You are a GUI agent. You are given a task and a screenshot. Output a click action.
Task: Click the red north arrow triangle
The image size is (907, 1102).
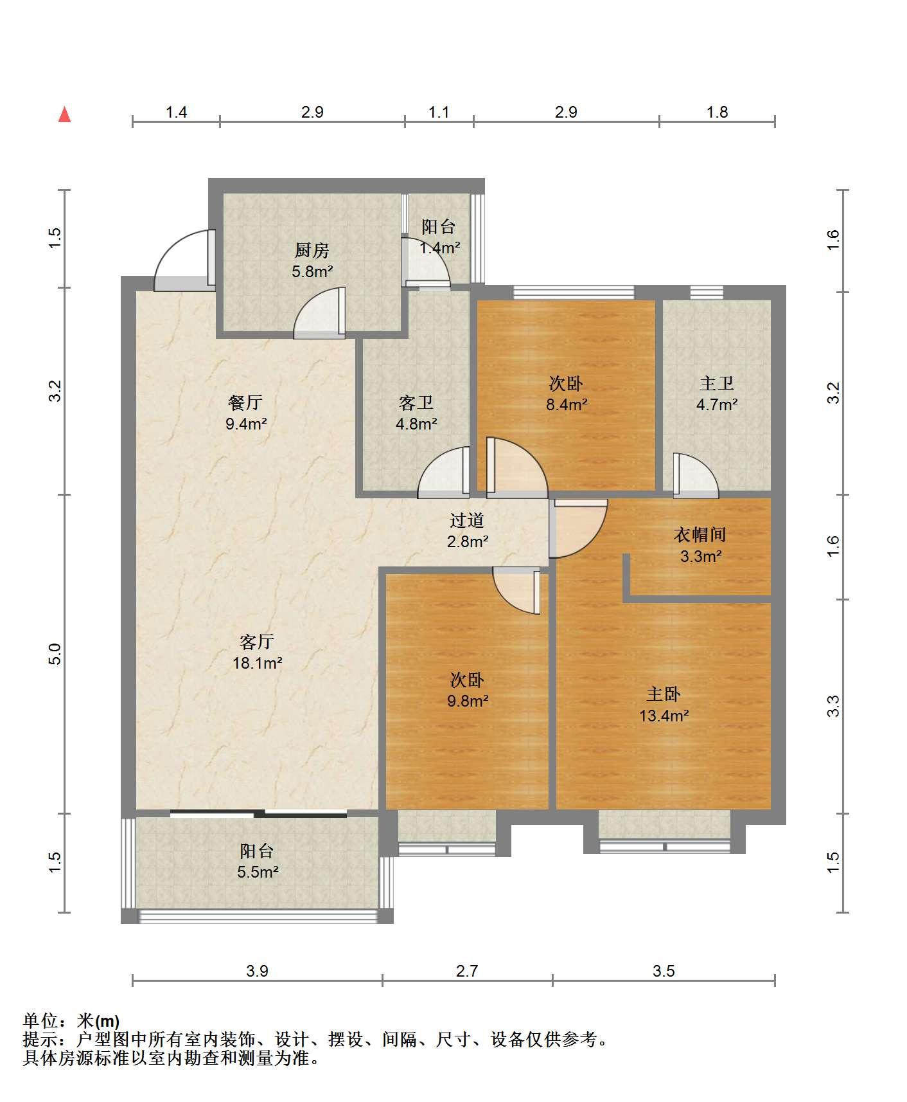tap(64, 114)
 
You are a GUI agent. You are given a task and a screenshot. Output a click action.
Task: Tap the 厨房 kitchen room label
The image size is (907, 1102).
tap(312, 250)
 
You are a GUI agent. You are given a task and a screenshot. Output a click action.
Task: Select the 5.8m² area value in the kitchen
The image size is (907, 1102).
tap(312, 271)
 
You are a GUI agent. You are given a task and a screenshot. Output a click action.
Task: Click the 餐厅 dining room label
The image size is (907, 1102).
tap(245, 402)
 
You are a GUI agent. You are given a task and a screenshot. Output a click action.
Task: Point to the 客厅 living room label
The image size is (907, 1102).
tap(257, 642)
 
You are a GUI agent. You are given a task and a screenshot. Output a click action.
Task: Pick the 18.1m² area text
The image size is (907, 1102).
tap(257, 663)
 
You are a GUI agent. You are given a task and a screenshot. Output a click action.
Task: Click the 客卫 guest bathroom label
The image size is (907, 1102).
tap(416, 403)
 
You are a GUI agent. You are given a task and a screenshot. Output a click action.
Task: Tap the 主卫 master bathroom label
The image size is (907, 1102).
tap(717, 384)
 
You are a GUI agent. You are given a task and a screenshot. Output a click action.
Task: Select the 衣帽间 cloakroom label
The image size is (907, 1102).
tap(700, 534)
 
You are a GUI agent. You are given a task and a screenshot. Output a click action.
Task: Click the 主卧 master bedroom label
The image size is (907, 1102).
tap(664, 694)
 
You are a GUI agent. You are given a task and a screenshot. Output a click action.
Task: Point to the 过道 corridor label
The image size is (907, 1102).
tap(467, 520)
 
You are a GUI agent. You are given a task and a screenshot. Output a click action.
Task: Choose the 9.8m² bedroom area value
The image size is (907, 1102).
tap(468, 701)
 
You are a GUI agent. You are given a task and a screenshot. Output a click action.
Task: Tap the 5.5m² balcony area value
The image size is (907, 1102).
tap(257, 872)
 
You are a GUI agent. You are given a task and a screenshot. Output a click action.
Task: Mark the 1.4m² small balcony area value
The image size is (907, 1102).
tap(439, 248)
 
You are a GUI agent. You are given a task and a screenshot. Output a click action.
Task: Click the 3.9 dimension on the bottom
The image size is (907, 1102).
tap(257, 971)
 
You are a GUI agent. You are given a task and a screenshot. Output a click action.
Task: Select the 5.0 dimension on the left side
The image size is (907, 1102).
tap(56, 654)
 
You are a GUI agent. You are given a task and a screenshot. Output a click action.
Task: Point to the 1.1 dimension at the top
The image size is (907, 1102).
tap(439, 113)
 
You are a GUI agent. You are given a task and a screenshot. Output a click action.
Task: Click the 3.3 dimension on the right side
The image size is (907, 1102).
tap(833, 707)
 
